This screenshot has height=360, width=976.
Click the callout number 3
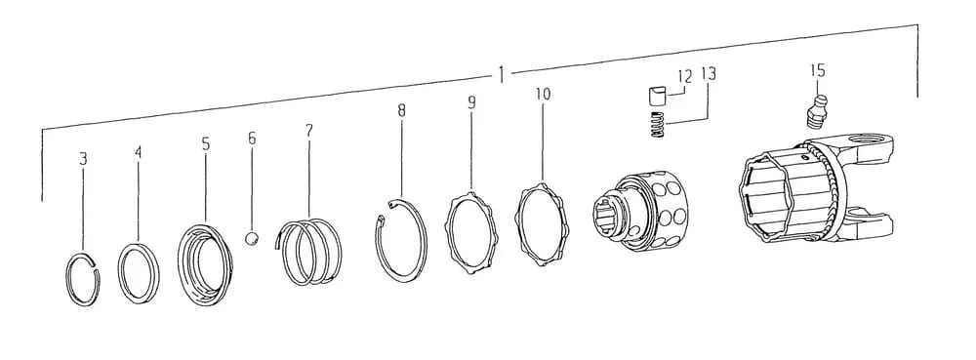pyautogui.click(x=83, y=159)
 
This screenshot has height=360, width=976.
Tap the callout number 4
pyautogui.click(x=139, y=152)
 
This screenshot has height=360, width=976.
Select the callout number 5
pyautogui.click(x=205, y=144)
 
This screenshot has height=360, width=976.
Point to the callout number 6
pyautogui.click(x=252, y=138)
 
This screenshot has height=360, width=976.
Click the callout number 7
pyautogui.click(x=308, y=131)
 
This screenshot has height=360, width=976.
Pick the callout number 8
pyautogui.click(x=401, y=110)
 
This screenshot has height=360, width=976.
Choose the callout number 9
pyautogui.click(x=471, y=102)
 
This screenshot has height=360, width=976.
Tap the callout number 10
pyautogui.click(x=543, y=95)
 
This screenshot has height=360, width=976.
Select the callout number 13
pyautogui.click(x=709, y=74)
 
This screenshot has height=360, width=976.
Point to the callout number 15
pyautogui.click(x=817, y=70)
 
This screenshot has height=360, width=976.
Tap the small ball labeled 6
pyautogui.click(x=252, y=239)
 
